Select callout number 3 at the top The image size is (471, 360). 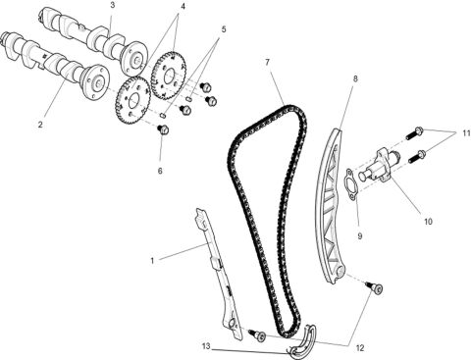(x=112, y=6)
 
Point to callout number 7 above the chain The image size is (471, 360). (x=266, y=64)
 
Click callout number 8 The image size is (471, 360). (x=354, y=77)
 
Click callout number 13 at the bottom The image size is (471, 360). (x=205, y=346)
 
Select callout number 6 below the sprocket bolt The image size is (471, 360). (x=161, y=170)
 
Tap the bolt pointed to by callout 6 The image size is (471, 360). (x=164, y=129)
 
